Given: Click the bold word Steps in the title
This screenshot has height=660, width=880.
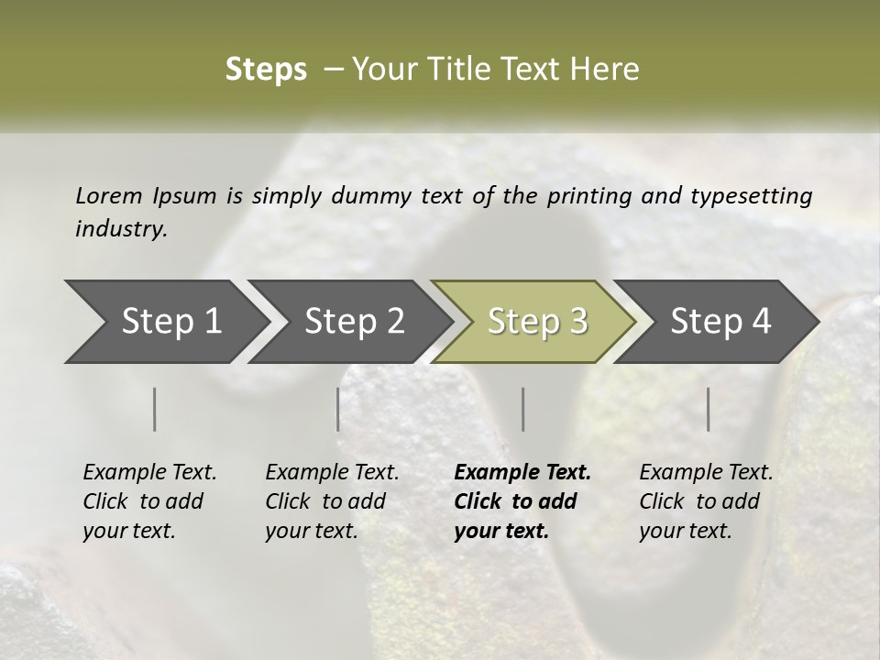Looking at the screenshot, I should [266, 70].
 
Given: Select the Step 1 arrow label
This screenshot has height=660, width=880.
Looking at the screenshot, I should [171, 322].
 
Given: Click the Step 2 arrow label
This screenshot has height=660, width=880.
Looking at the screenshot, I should [355, 322].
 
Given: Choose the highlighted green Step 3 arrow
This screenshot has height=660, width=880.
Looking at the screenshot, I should [537, 322].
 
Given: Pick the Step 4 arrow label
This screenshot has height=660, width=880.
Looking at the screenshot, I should [720, 322].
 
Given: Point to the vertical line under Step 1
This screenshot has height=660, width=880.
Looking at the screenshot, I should [155, 409].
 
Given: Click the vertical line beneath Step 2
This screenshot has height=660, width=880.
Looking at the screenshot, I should [338, 409].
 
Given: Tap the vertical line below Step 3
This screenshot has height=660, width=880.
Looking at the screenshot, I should [523, 409].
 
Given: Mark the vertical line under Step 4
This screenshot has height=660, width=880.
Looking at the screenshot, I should [709, 409].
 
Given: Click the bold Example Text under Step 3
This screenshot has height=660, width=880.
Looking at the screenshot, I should [522, 473].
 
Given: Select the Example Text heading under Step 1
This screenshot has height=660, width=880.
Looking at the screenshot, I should [149, 473].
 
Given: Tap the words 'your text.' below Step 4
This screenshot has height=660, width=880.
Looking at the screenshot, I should [685, 531].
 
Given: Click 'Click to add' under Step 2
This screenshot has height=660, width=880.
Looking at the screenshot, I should [325, 502].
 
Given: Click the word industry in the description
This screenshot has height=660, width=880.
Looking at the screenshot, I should [121, 228].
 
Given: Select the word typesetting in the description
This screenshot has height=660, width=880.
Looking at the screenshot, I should [751, 196].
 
